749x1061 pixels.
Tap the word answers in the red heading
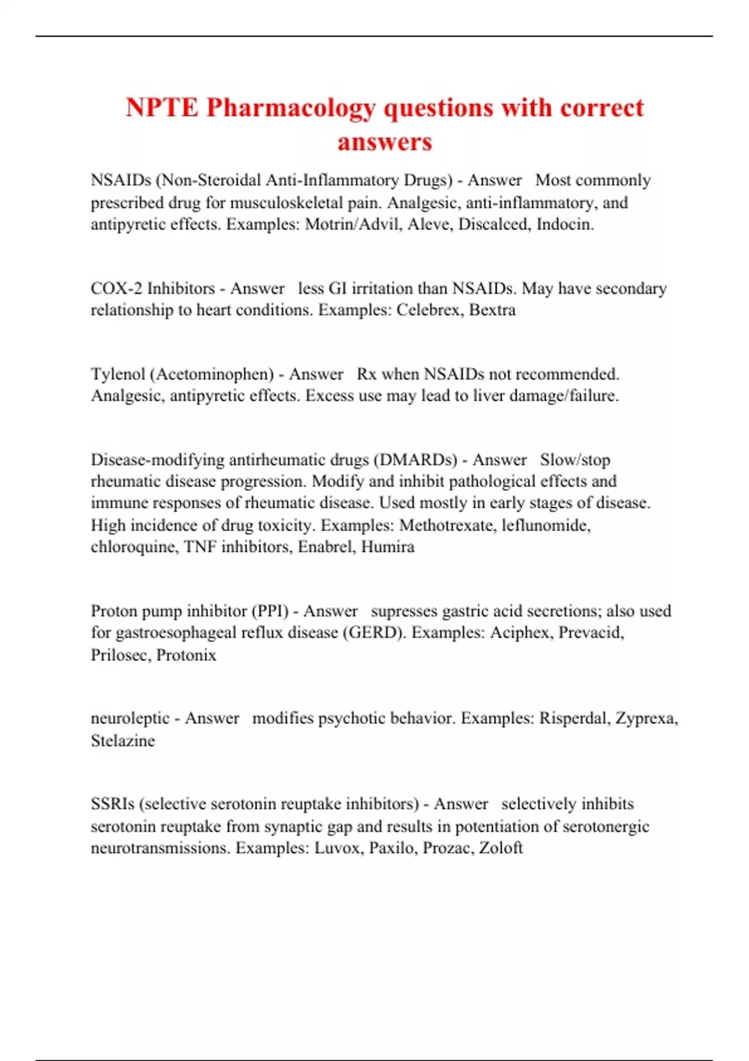(384, 142)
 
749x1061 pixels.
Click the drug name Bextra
(492, 310)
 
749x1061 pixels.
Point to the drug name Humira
(388, 547)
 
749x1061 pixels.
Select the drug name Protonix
(186, 655)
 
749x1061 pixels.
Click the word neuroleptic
(130, 719)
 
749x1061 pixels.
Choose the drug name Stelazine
(123, 741)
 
